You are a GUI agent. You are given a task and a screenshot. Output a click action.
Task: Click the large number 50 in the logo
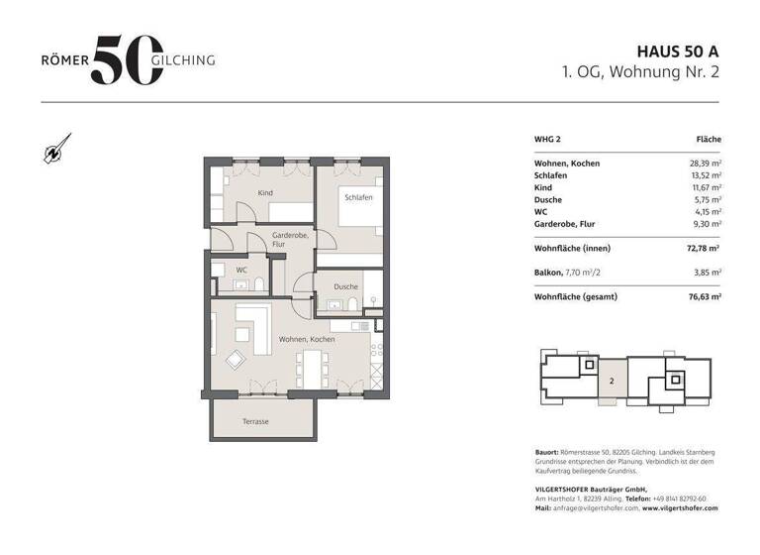128,60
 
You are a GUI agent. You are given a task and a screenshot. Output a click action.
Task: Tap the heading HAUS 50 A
678,52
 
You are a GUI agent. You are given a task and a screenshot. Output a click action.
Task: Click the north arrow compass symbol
57,149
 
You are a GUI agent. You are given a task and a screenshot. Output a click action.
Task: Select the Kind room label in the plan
265,193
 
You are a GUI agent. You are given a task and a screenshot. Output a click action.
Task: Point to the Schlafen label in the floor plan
358,197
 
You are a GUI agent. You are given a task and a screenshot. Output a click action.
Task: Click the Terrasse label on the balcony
255,421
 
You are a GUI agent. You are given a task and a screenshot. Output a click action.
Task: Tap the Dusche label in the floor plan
346,287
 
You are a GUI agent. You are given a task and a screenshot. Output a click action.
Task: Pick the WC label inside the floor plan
241,270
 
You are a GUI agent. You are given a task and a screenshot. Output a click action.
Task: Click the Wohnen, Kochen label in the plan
307,339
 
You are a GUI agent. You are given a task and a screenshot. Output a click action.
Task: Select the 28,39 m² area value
706,164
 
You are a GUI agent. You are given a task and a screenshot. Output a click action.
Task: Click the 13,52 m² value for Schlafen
706,175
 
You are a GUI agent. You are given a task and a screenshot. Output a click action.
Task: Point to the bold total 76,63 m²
705,296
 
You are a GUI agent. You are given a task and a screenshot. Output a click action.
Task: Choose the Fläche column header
709,140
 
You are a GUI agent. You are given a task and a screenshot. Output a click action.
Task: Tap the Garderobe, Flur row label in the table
565,224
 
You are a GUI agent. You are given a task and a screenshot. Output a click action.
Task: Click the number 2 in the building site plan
612,382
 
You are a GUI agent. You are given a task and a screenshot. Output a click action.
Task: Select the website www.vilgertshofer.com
680,507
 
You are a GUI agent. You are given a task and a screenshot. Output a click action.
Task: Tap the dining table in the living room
313,369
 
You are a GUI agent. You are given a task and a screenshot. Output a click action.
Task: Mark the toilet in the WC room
259,284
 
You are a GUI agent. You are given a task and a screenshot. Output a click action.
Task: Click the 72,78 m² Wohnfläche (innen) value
703,248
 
